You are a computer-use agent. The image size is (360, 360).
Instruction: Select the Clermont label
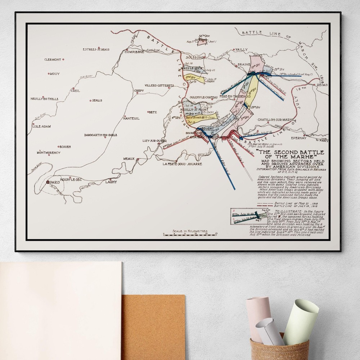[53, 60]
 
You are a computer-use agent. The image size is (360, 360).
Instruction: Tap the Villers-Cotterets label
[159, 86]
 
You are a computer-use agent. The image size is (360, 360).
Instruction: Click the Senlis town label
[97, 100]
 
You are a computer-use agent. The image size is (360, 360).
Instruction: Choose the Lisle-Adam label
[41, 126]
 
